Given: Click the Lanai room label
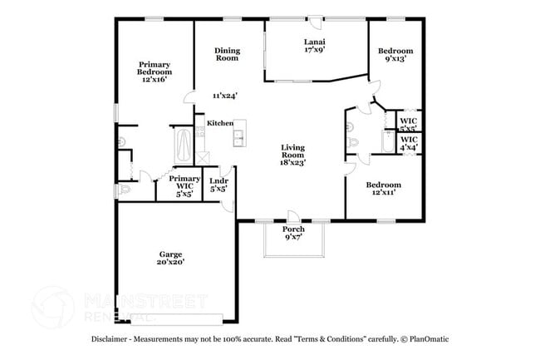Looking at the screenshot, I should tap(314, 45).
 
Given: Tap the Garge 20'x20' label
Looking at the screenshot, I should tap(171, 258).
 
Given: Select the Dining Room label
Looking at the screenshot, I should tap(227, 54).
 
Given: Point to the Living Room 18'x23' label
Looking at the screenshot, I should tap(292, 155).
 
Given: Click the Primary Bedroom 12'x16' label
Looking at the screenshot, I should tap(155, 72).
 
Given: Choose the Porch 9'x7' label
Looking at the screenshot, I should tap(293, 233).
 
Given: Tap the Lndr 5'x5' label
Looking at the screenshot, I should tap(219, 185).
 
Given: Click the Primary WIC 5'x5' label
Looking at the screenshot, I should tap(184, 185).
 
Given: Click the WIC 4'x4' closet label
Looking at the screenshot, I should tap(409, 143).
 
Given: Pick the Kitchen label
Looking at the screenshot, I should tap(220, 123).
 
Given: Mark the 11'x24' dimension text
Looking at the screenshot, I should tap(223, 96).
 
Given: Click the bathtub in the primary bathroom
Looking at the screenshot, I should tap(183, 145).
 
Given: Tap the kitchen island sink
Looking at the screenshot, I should tap(238, 136).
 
